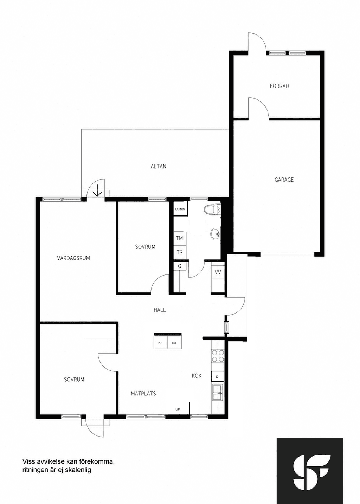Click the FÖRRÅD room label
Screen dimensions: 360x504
279,86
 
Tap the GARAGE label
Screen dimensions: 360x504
284,180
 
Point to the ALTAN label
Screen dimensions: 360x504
159,167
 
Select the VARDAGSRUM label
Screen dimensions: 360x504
73,258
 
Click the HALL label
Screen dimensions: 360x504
160,310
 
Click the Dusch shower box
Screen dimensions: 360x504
180,209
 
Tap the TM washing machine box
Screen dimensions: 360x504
180,238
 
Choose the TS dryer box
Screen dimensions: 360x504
180,252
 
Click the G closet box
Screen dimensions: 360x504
180,266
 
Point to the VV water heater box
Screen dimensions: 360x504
218,272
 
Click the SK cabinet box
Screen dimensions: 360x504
178,408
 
